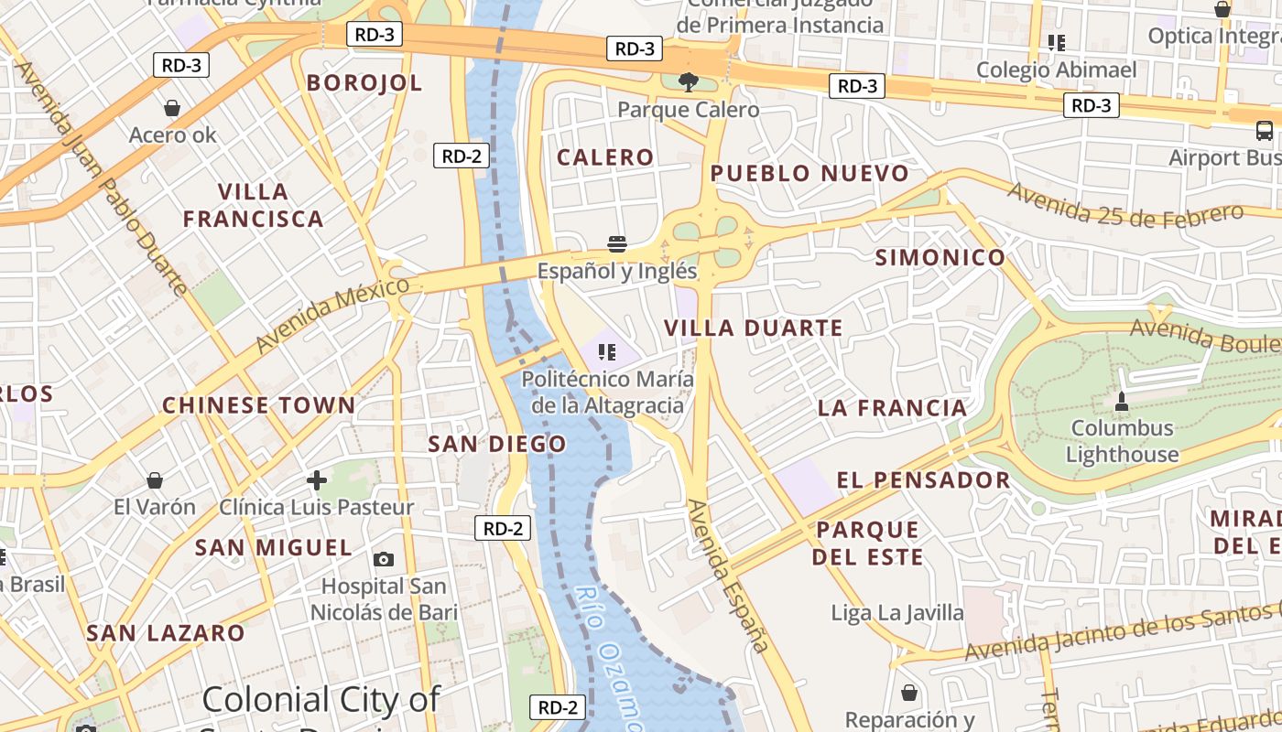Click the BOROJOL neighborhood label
pyautogui.click(x=364, y=83)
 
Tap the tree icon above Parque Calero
pyautogui.click(x=688, y=82)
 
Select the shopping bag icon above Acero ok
pyautogui.click(x=172, y=108)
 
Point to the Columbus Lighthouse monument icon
pyautogui.click(x=1121, y=401)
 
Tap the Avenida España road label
pyautogui.click(x=727, y=576)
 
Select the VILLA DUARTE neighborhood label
pyautogui.click(x=753, y=328)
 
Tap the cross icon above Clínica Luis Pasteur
pyautogui.click(x=317, y=479)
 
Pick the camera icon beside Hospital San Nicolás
pyautogui.click(x=384, y=559)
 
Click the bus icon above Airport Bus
pyautogui.click(x=1265, y=131)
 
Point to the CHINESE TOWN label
pyautogui.click(x=258, y=405)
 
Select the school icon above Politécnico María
pyautogui.click(x=606, y=351)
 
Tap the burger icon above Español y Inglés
pyautogui.click(x=617, y=243)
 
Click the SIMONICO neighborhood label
pyautogui.click(x=940, y=258)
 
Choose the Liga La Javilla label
pyautogui.click(x=897, y=613)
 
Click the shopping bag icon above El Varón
pyautogui.click(x=155, y=480)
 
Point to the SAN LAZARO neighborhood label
pyautogui.click(x=166, y=633)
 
